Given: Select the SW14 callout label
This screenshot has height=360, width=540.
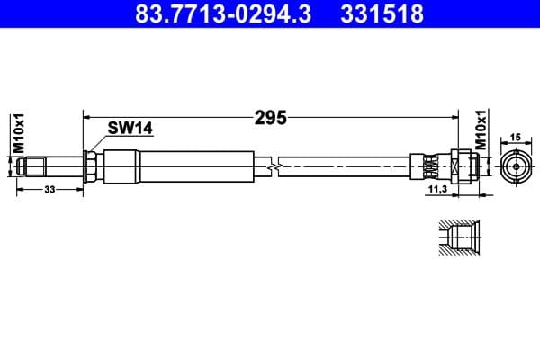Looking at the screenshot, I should pyautogui.click(x=130, y=129).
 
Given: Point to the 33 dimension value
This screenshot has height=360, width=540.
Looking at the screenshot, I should pyautogui.click(x=49, y=189).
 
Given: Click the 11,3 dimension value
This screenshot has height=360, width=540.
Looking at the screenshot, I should pyautogui.click(x=438, y=190).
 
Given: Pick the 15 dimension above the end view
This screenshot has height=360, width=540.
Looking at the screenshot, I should pyautogui.click(x=516, y=137).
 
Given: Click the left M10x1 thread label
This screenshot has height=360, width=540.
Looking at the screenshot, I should pyautogui.click(x=16, y=134).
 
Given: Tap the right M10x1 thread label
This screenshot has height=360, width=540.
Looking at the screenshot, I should pyautogui.click(x=481, y=132).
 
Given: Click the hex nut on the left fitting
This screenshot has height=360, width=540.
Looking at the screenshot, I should pyautogui.click(x=92, y=166).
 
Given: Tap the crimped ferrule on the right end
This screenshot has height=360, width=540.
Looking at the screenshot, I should pyautogui.click(x=429, y=166).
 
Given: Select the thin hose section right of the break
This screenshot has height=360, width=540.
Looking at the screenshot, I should pyautogui.click(x=346, y=166).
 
